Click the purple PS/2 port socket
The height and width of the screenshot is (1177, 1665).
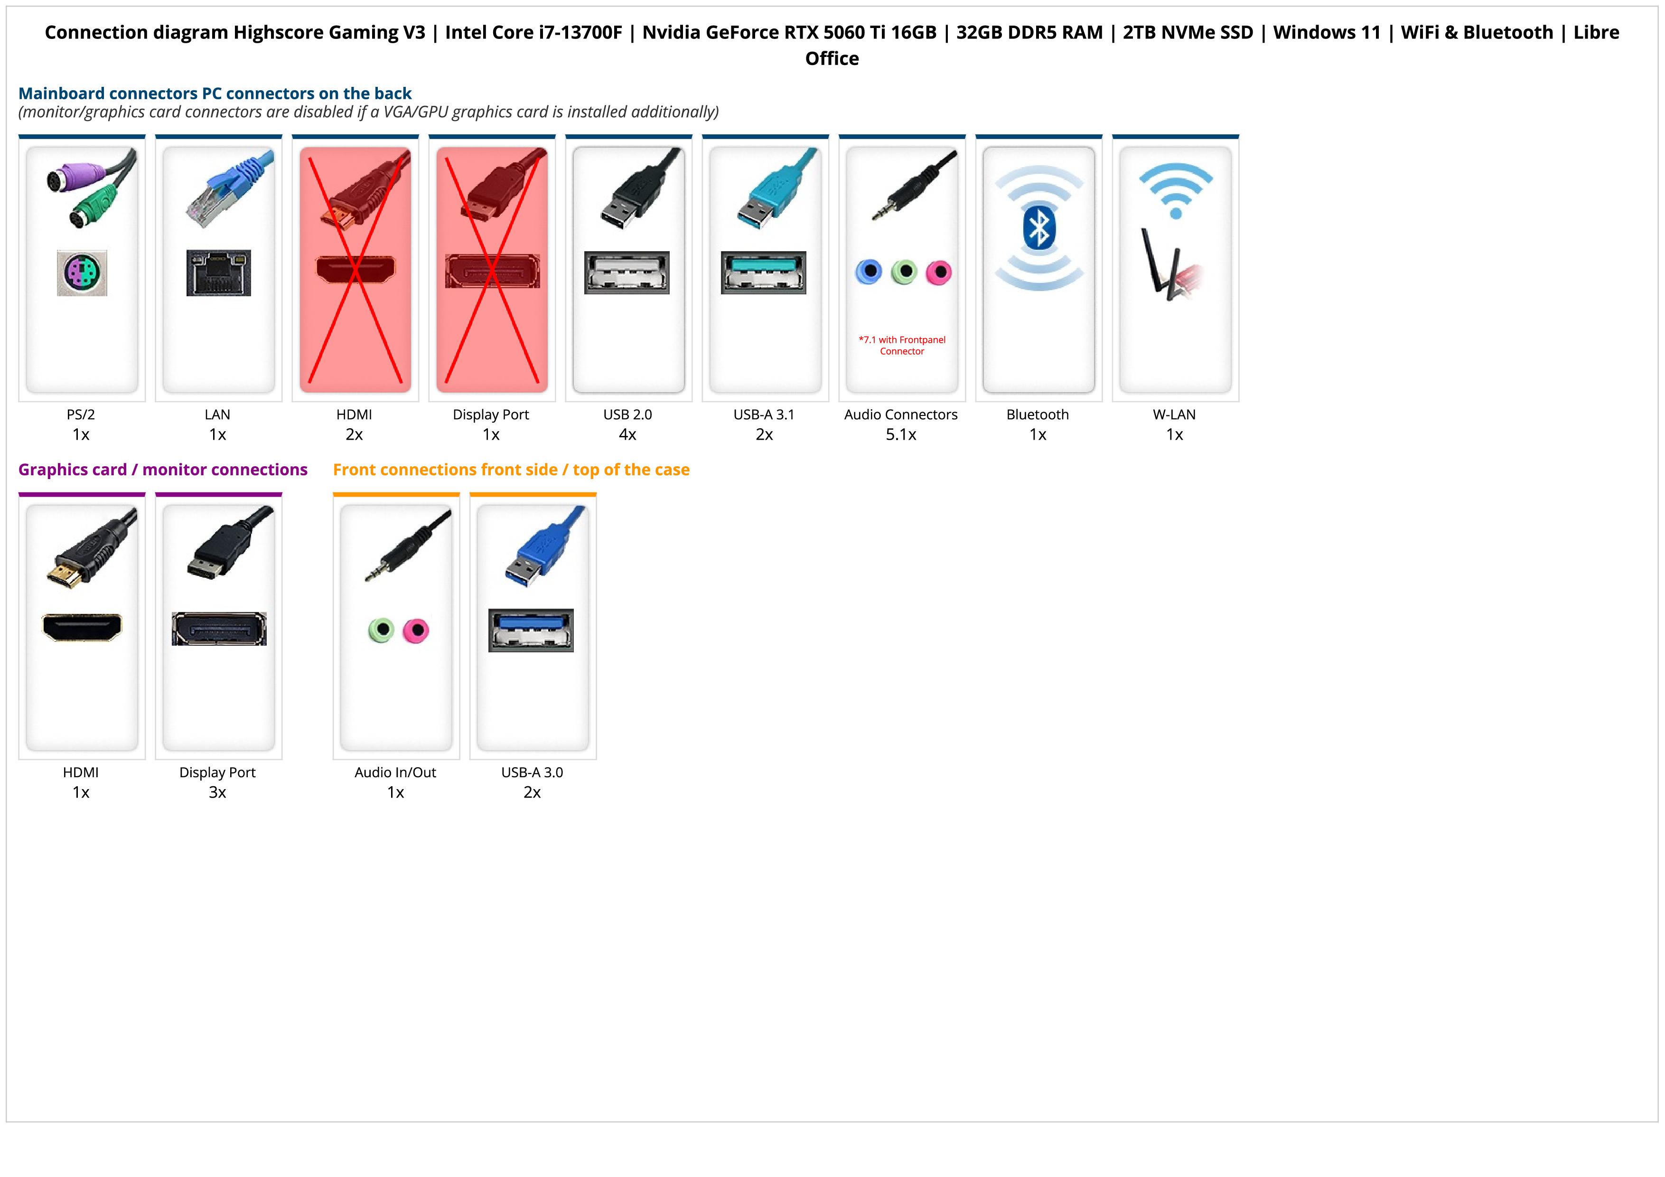pos(82,273)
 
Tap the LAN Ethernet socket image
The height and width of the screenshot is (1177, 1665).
pos(218,273)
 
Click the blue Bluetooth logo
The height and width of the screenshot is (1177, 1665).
pos(1038,227)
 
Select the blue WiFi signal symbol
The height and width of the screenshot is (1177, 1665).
pos(1176,190)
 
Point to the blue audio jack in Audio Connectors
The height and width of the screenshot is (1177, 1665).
pos(869,272)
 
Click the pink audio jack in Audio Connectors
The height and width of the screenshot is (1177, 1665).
pos(938,272)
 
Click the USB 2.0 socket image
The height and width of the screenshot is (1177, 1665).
pos(627,273)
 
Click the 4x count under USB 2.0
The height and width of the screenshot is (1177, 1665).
pos(627,434)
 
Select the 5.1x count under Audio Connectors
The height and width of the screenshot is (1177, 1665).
pos(901,434)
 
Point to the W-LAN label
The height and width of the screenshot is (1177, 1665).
pos(1174,414)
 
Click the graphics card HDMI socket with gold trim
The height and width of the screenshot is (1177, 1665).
pos(82,627)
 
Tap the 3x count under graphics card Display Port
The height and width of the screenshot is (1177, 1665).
pos(217,792)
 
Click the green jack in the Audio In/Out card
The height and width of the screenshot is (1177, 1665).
pos(381,630)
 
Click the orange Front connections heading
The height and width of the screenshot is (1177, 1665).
pos(511,469)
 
